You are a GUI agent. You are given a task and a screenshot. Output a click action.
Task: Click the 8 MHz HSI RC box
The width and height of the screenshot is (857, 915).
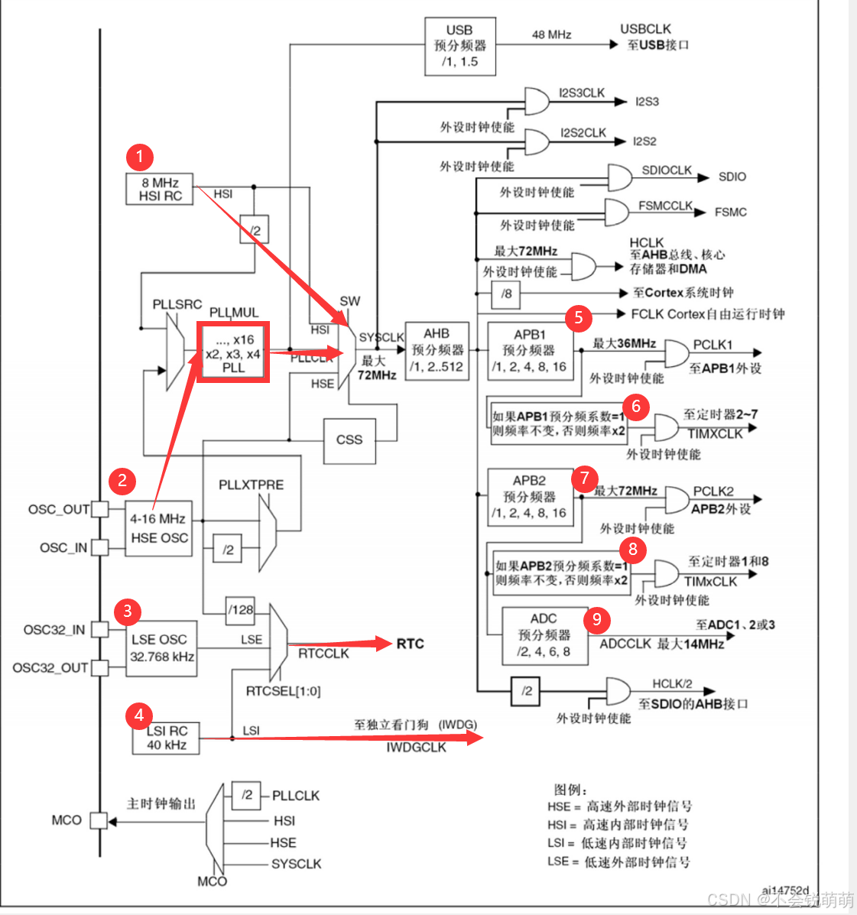point(160,190)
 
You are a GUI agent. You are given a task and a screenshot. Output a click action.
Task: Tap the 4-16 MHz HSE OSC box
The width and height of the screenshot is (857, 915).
point(159,528)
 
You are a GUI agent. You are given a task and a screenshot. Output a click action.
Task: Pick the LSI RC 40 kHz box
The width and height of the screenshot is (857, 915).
point(166,738)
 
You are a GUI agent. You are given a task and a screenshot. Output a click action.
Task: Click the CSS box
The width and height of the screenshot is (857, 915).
point(349,440)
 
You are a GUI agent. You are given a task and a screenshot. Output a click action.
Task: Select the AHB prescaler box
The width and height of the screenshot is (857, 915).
point(437,350)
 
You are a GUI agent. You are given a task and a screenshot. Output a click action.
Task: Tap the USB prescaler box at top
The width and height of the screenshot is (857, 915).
point(459,46)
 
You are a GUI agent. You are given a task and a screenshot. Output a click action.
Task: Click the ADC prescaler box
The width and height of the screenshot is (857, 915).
point(544,635)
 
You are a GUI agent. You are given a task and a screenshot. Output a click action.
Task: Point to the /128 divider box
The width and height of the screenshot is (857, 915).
point(240,609)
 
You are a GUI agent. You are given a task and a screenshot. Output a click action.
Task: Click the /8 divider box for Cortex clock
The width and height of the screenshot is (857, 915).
point(506,294)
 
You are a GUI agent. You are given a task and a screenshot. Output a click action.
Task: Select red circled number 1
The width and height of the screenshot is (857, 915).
point(139,157)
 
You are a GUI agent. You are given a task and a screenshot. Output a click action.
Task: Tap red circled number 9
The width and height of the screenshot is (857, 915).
point(597,619)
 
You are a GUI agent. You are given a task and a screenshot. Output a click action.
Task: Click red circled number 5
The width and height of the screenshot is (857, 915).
point(579,317)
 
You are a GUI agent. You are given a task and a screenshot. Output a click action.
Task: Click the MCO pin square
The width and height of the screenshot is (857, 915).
point(99,820)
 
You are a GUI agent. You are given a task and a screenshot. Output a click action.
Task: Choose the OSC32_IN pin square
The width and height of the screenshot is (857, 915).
point(99,630)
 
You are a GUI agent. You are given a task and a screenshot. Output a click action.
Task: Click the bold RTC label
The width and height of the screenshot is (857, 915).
point(410,644)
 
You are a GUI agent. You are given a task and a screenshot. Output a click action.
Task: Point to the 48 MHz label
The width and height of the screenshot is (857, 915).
point(551,34)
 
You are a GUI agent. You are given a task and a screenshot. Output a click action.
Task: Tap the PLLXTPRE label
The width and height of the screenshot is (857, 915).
point(251,485)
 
